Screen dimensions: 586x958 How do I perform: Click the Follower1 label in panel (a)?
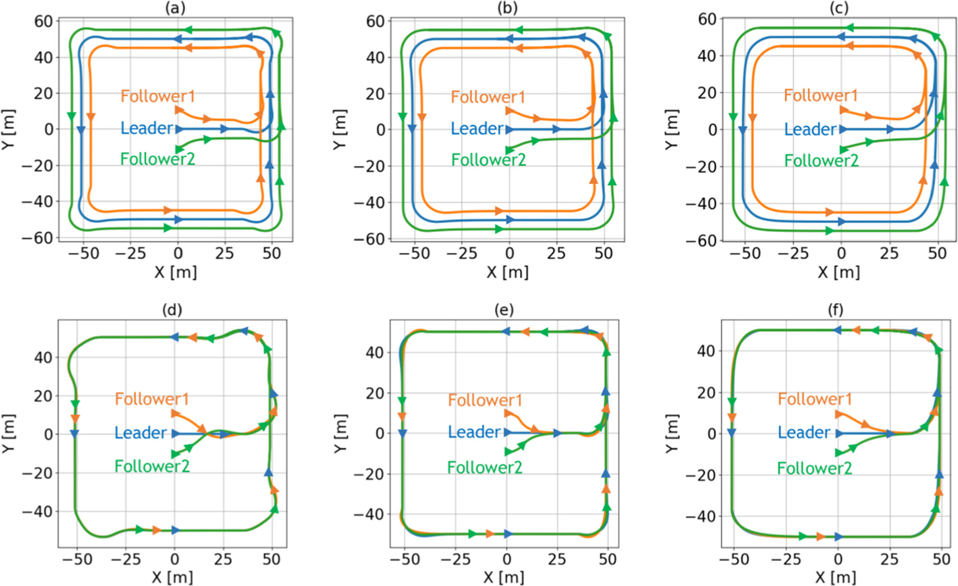(x=157, y=96)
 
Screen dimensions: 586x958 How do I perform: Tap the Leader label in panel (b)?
(x=477, y=129)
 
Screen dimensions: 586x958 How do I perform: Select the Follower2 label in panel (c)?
(x=821, y=161)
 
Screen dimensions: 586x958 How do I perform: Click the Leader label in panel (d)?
(x=140, y=433)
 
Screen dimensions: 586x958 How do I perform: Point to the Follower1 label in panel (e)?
(x=485, y=400)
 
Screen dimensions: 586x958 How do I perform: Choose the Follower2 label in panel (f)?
(x=814, y=468)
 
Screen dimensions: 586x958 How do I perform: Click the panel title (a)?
(x=175, y=7)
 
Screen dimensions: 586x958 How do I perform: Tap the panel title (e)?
(x=504, y=310)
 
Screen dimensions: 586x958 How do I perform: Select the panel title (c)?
(x=839, y=7)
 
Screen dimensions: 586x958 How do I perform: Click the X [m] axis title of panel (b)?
(x=507, y=272)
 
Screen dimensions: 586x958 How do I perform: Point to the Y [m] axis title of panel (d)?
(x=8, y=433)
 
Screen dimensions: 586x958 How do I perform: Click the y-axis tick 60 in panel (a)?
(x=44, y=21)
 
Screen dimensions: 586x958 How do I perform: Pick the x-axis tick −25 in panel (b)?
(x=461, y=253)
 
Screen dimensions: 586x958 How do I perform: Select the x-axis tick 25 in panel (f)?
(x=889, y=559)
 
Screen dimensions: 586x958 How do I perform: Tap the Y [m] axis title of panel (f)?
(x=672, y=433)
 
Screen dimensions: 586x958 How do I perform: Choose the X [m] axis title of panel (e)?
(x=504, y=577)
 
